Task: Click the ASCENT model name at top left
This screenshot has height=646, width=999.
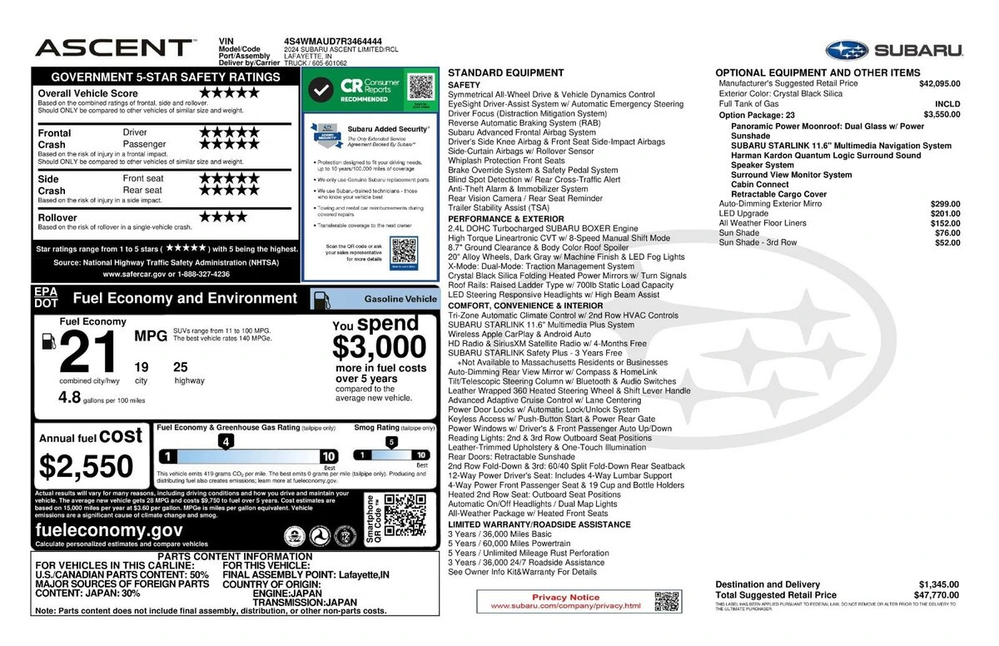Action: [x=113, y=47]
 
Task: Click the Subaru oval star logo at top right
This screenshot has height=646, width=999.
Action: [x=846, y=50]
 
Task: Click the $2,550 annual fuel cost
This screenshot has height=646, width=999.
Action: [x=87, y=466]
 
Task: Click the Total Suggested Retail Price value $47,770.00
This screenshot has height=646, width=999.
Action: [x=939, y=595]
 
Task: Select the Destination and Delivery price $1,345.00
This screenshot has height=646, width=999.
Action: [x=939, y=584]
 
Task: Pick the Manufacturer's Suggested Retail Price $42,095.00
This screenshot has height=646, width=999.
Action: [x=939, y=84]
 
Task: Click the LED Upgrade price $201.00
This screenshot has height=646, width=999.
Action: [x=945, y=213]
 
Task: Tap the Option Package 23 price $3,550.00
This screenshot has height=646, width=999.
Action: [x=942, y=115]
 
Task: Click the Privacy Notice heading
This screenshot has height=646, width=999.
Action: [x=565, y=597]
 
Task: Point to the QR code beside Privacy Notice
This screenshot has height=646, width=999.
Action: [x=667, y=601]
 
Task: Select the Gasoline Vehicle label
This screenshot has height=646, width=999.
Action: [x=400, y=299]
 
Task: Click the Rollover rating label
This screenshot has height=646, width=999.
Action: [x=57, y=217]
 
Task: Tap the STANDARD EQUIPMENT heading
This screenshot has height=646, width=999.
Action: [x=505, y=73]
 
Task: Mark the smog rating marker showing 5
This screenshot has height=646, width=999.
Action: [x=390, y=442]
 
